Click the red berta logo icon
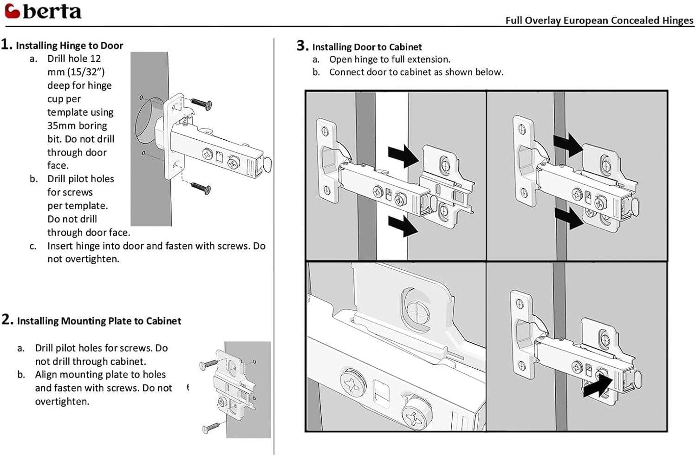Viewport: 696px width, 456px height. coord(12,11)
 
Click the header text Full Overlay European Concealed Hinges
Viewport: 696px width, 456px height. coord(599,20)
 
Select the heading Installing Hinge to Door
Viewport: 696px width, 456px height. coord(69,46)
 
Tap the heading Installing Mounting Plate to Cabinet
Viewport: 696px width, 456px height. coord(99,321)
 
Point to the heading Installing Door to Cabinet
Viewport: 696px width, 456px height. coord(367,47)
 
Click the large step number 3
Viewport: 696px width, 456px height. coord(302,46)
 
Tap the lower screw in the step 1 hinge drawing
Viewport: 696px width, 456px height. coord(201,188)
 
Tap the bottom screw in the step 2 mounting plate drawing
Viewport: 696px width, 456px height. coord(211,427)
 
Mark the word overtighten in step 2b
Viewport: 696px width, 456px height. coord(62,402)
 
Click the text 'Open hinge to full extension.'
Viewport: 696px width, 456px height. coord(390,59)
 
